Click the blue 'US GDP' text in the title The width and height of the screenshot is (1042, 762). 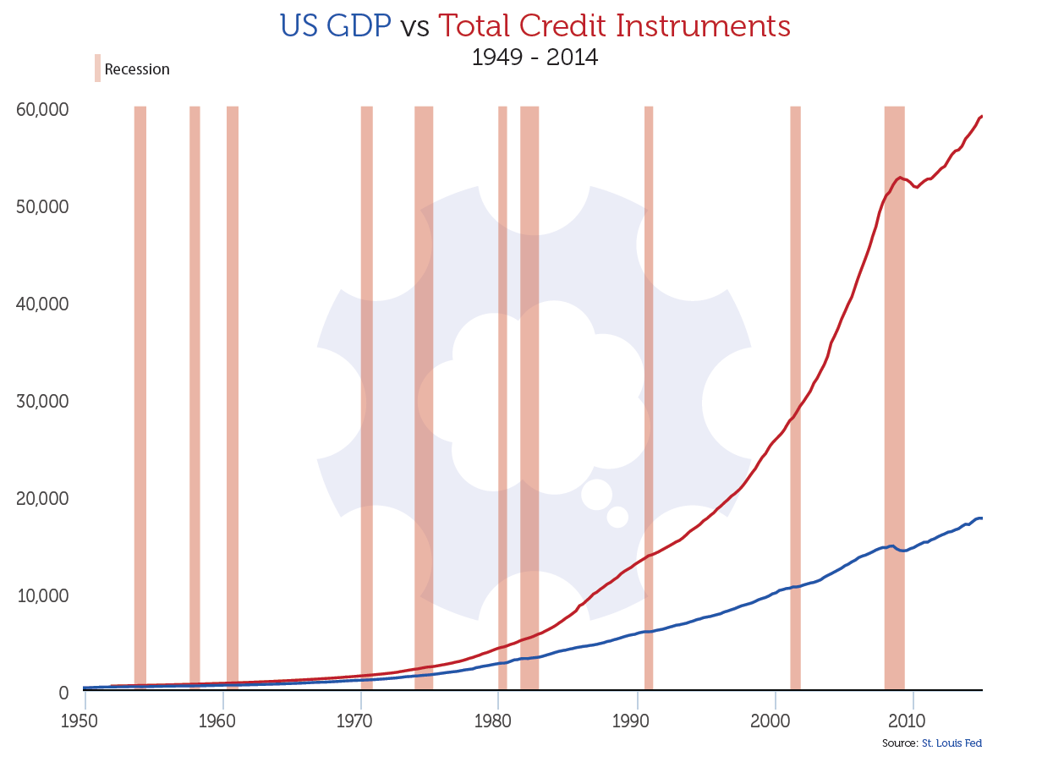click(335, 26)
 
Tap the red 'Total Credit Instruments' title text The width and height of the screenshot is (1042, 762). click(615, 26)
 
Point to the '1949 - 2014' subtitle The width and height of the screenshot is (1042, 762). click(534, 58)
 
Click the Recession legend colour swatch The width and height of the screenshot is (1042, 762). click(97, 69)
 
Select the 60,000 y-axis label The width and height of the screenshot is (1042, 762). click(41, 110)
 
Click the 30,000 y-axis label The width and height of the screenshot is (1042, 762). click(41, 401)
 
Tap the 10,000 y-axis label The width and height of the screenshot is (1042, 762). click(41, 595)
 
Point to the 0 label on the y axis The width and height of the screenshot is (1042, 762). click(63, 693)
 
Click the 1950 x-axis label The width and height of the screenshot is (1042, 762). click(85, 721)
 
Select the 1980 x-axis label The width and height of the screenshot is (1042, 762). click(498, 721)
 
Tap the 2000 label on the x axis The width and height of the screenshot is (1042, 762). click(775, 721)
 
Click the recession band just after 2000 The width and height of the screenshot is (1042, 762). click(795, 397)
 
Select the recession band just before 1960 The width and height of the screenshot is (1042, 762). click(195, 397)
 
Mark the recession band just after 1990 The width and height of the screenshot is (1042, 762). click(649, 397)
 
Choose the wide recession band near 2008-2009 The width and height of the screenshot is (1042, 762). click(894, 397)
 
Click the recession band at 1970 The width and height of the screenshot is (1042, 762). click(366, 397)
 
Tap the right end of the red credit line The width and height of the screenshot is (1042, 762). click(981, 116)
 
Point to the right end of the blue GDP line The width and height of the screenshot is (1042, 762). click(981, 518)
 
